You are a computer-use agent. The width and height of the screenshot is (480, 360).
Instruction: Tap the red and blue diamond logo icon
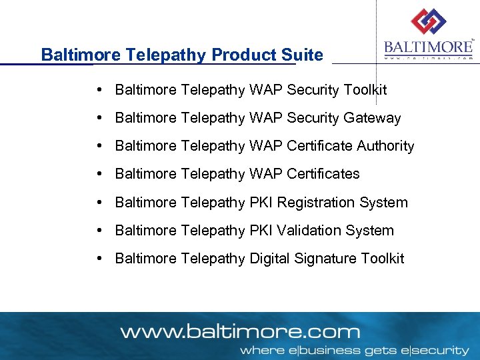428,22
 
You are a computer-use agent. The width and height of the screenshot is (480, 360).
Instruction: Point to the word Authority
385,146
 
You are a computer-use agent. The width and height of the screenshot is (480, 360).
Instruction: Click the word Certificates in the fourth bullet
323,174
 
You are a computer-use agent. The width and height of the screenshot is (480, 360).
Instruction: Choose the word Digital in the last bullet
270,259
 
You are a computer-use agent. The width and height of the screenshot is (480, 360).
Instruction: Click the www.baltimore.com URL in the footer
239,331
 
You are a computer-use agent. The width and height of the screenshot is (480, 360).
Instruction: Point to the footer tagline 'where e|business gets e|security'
354,350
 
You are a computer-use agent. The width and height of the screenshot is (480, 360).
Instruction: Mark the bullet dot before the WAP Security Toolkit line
98,89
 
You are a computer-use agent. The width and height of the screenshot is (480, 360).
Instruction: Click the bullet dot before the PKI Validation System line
98,231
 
